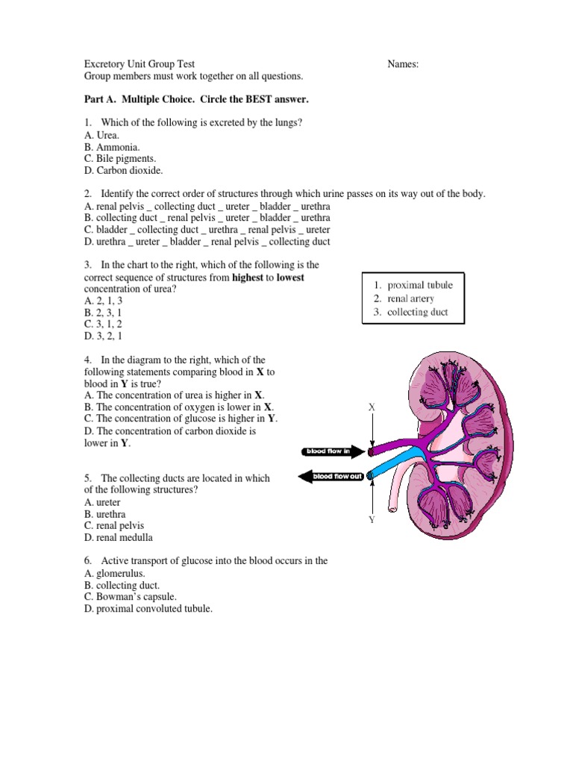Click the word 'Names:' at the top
pyautogui.click(x=403, y=64)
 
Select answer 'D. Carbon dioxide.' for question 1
pyautogui.click(x=123, y=171)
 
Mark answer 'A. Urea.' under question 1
pyautogui.click(x=102, y=135)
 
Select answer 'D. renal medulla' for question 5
pyautogui.click(x=119, y=537)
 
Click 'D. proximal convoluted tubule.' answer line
pyautogui.click(x=148, y=609)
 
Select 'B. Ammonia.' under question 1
pyautogui.click(x=112, y=147)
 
